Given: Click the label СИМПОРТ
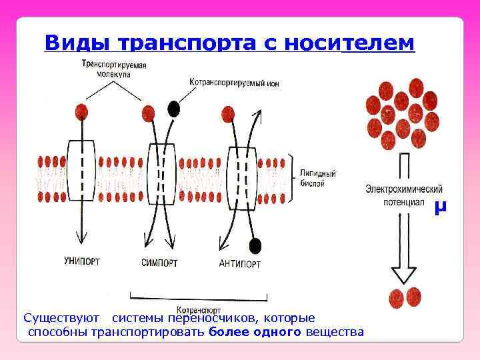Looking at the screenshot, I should tap(159, 263).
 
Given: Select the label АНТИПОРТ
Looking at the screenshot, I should tap(240, 264).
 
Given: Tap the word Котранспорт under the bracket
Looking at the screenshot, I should tap(199, 309).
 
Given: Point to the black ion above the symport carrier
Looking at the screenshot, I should tap(174, 108).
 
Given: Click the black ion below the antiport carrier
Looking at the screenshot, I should tap(253, 245).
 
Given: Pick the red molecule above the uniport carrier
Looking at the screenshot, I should tap(82, 110).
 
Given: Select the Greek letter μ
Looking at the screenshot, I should tap(438, 208).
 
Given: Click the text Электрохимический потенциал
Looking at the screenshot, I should tap(403, 195).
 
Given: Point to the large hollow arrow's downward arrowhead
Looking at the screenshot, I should tap(404, 274).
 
